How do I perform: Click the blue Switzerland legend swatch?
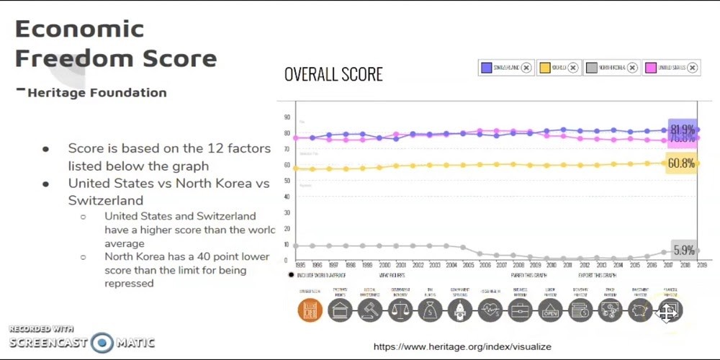click(487, 68)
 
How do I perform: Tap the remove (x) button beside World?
click(572, 68)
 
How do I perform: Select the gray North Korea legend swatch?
click(592, 68)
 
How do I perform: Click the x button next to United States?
click(692, 68)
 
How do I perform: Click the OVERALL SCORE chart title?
click(333, 74)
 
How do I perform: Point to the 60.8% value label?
click(681, 163)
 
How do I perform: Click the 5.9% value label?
click(683, 251)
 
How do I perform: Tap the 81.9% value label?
click(682, 130)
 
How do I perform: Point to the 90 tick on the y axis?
click(287, 117)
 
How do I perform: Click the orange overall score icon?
click(310, 310)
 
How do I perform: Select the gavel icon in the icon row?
click(369, 310)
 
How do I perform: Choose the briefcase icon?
click(519, 310)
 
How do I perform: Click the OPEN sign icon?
click(549, 310)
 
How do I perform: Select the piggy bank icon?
click(639, 310)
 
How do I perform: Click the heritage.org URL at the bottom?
click(462, 347)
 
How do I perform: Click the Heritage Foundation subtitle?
click(97, 92)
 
